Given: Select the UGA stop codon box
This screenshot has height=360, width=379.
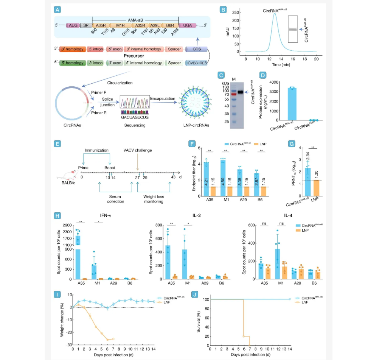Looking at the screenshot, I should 187,25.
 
